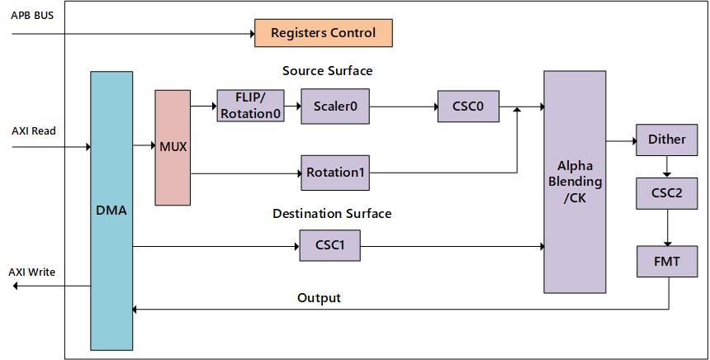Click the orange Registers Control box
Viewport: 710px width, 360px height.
[x=323, y=33]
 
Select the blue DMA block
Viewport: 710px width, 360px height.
[x=111, y=211]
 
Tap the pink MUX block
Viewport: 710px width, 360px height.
[x=173, y=147]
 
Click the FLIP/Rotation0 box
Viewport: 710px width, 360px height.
[x=250, y=106]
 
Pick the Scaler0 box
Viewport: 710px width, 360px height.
[x=334, y=106]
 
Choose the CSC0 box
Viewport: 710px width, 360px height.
[x=469, y=106]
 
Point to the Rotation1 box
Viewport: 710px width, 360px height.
[x=334, y=173]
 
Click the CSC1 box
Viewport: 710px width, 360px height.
[x=329, y=245]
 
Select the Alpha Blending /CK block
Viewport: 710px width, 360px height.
[x=575, y=182]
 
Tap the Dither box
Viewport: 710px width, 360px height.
[x=666, y=140]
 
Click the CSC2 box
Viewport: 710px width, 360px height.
[x=666, y=193]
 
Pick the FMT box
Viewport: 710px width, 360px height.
[x=666, y=261]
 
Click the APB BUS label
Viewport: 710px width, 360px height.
[x=32, y=16]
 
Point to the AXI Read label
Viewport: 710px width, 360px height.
[x=34, y=131]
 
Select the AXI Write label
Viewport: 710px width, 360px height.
[x=32, y=272]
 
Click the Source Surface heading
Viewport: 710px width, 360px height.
[x=327, y=71]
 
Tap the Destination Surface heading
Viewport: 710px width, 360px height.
[x=332, y=214]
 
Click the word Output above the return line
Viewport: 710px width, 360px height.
[x=319, y=297]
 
